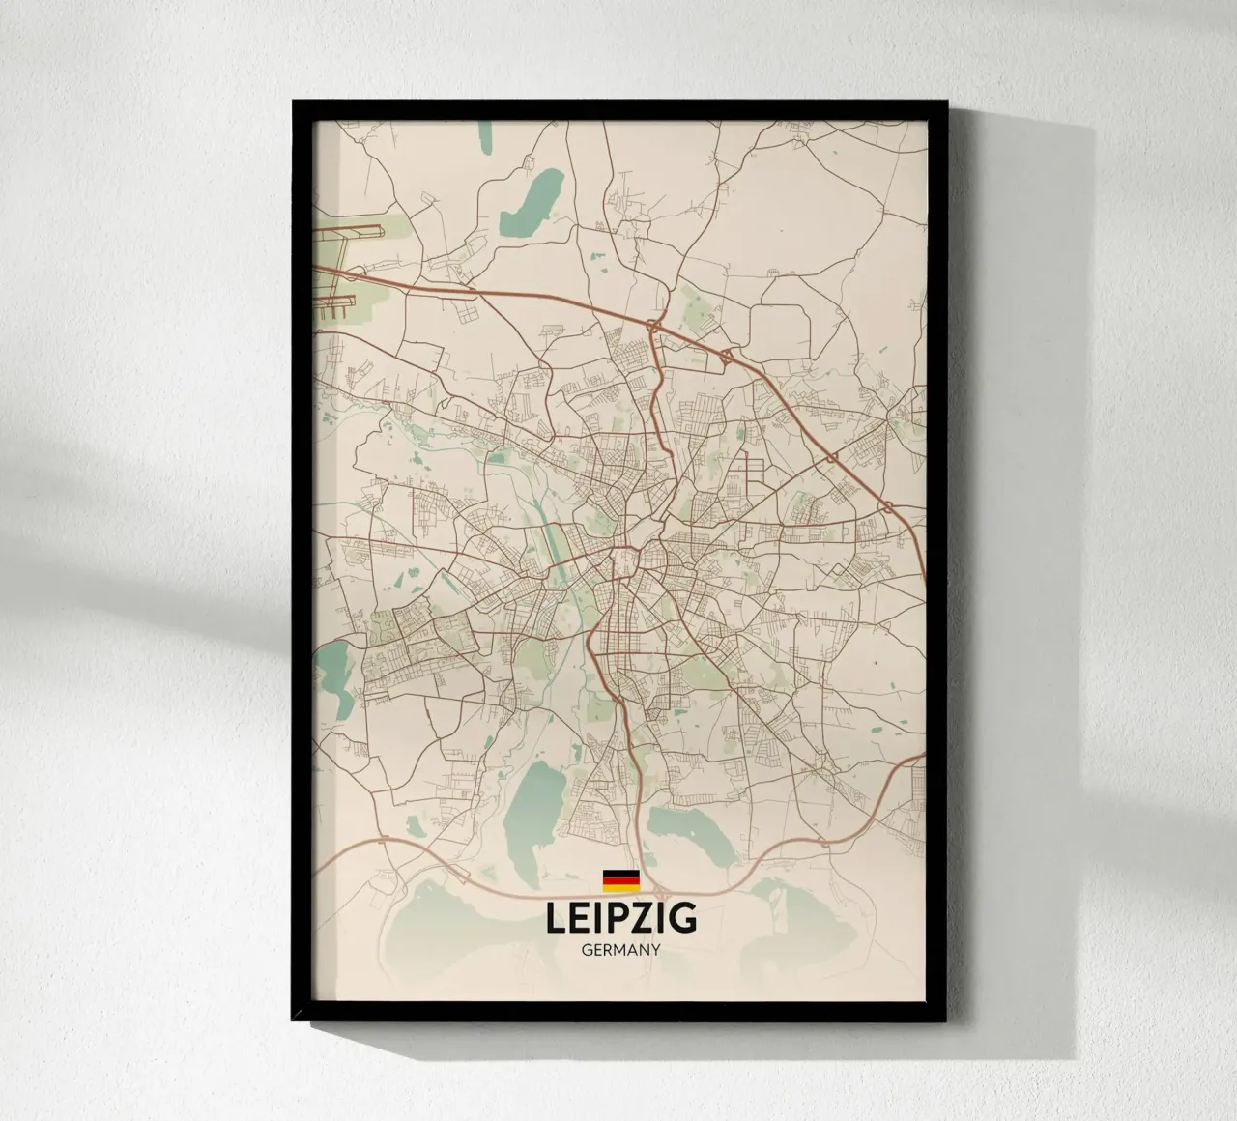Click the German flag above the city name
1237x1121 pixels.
pos(620,878)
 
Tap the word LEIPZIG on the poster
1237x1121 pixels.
pos(620,918)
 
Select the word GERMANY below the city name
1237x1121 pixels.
pos(621,950)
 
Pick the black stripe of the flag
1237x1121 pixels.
pos(620,872)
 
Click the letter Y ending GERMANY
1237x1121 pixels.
pos(655,950)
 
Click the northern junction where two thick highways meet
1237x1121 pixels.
pos(655,327)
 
